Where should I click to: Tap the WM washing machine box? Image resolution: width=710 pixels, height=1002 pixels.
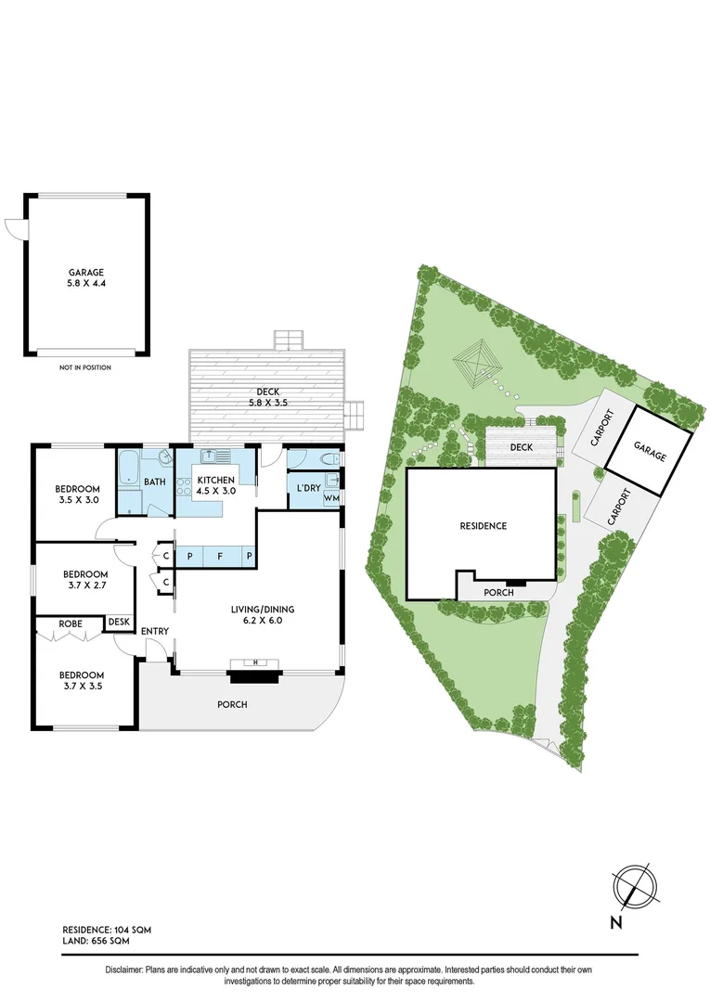330,498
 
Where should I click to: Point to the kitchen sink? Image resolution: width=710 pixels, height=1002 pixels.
216,456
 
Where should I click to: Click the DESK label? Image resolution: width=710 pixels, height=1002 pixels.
119,622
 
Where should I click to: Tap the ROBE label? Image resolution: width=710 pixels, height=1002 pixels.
70,625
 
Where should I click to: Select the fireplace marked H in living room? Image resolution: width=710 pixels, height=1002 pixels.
256,662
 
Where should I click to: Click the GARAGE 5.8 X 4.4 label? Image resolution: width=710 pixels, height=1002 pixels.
85,278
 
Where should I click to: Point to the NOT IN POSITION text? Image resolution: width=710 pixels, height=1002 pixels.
85,367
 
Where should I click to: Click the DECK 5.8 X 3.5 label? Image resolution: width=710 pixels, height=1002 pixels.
267,396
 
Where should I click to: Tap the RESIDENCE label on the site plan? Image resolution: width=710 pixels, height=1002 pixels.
484,526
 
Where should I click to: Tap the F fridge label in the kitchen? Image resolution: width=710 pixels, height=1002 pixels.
220,556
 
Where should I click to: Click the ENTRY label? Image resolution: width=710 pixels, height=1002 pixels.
154,632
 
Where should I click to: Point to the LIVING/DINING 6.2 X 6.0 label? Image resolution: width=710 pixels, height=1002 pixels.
263,615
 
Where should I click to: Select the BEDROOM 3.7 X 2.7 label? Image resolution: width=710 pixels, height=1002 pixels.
82,580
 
